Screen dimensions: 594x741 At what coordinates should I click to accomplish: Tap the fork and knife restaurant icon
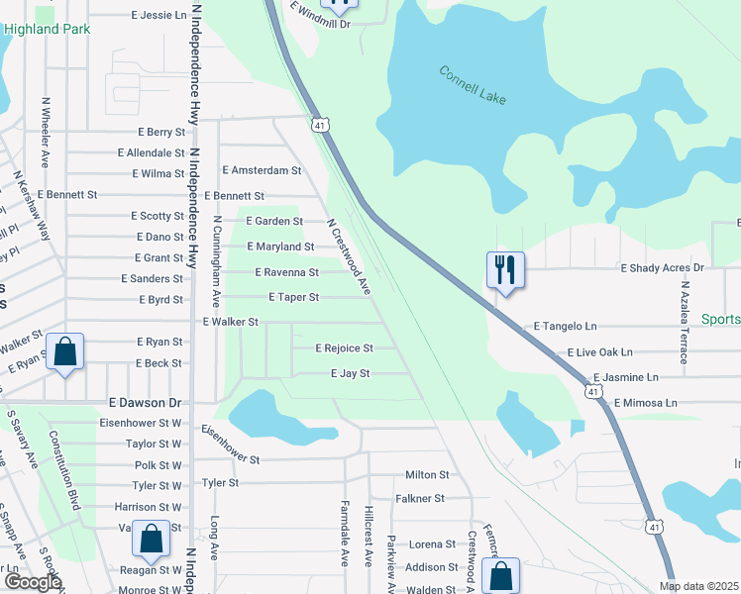click(505, 268)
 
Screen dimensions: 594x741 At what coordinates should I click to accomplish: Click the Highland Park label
click(47, 29)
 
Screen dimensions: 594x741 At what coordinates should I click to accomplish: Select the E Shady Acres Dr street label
click(662, 268)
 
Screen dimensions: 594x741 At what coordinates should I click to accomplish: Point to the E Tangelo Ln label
click(566, 326)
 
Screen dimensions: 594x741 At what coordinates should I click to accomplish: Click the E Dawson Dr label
click(146, 404)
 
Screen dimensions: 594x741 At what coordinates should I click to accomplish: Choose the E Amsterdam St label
click(262, 171)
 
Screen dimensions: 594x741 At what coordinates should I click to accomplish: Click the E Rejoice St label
click(344, 348)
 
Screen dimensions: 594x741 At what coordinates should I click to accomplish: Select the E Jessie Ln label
click(159, 16)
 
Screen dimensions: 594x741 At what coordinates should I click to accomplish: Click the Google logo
click(33, 582)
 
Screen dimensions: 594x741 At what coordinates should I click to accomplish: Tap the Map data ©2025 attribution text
click(698, 586)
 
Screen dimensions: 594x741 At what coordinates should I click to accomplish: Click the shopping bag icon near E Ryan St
click(64, 351)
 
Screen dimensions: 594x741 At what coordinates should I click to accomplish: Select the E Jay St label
click(350, 374)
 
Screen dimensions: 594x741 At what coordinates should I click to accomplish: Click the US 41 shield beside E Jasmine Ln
click(592, 392)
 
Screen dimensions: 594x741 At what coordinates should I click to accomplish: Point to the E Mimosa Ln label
click(645, 404)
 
